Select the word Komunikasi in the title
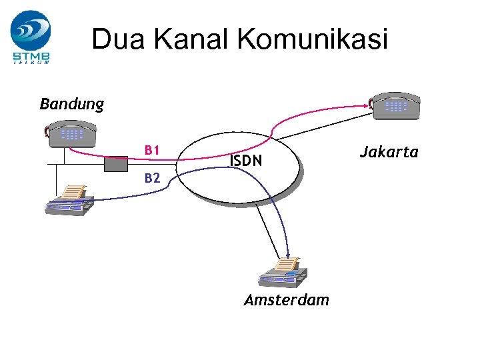tap(311, 39)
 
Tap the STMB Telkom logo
tap(31, 37)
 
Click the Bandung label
tap(72, 104)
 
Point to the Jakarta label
tap(389, 152)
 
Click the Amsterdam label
tap(287, 300)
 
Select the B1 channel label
tap(153, 150)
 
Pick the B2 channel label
tap(153, 178)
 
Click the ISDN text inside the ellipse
tap(246, 161)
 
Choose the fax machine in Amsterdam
tap(283, 271)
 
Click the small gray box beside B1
tap(116, 164)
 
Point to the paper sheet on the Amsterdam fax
tap(287, 264)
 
